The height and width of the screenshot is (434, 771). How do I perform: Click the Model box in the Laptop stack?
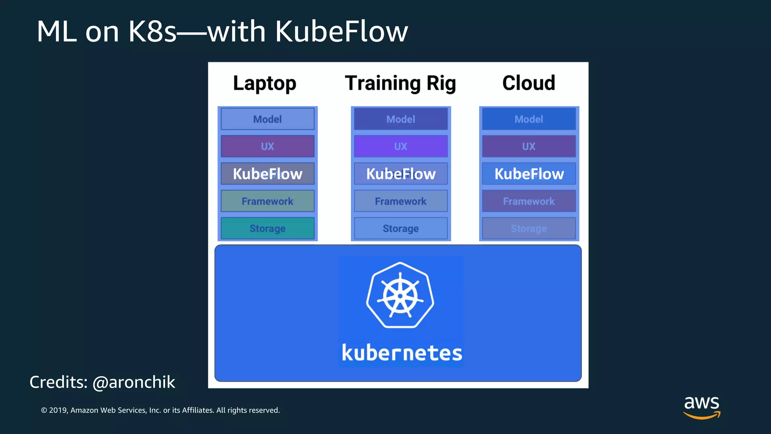pos(267,119)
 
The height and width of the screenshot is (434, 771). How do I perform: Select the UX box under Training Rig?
pos(401,146)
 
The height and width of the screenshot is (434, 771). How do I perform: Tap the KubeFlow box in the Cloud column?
pos(529,174)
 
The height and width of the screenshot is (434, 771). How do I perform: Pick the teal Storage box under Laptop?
pos(267,228)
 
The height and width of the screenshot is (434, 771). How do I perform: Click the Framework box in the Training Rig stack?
pos(401,201)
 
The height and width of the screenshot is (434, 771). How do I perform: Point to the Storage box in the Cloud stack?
pos(529,228)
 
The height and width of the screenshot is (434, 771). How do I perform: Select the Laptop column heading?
pos(265,83)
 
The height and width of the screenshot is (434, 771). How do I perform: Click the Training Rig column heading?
pos(400,83)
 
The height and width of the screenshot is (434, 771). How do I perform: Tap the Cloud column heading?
pos(529,83)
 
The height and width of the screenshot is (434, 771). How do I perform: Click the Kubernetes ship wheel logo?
pos(400,295)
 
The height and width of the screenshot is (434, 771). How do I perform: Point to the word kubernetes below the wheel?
pos(402,353)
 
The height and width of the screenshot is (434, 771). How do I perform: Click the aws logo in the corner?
pos(702,406)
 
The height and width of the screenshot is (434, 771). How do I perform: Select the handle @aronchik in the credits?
pos(134,382)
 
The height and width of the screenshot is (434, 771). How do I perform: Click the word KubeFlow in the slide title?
pos(341,31)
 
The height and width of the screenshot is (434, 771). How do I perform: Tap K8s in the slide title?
pos(152,31)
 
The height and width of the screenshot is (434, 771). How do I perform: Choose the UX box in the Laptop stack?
pos(267,146)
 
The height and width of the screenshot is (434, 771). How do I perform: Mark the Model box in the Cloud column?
pos(529,119)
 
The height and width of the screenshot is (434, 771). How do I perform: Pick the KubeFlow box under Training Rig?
pos(401,174)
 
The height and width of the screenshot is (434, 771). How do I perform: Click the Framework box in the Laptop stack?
pos(267,201)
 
